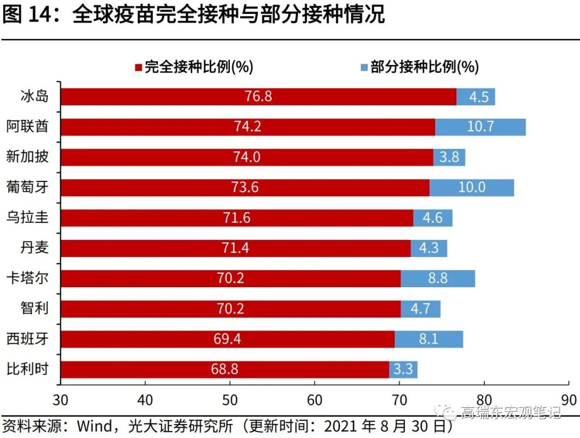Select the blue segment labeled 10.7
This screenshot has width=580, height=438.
point(480,127)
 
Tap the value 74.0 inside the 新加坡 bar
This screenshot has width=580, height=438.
point(247,157)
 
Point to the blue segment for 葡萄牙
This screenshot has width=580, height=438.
point(472,187)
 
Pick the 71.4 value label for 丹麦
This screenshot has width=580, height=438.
point(236,248)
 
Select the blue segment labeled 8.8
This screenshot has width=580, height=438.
point(437,278)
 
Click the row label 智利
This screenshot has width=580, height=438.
point(34,308)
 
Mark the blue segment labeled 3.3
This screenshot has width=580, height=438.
point(403,369)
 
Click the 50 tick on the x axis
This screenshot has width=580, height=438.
point(230,400)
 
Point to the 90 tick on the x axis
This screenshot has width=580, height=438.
point(568,400)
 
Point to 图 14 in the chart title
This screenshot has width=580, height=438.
point(27,15)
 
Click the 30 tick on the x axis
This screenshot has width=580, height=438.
point(61,400)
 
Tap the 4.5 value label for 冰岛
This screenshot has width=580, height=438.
point(479,97)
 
